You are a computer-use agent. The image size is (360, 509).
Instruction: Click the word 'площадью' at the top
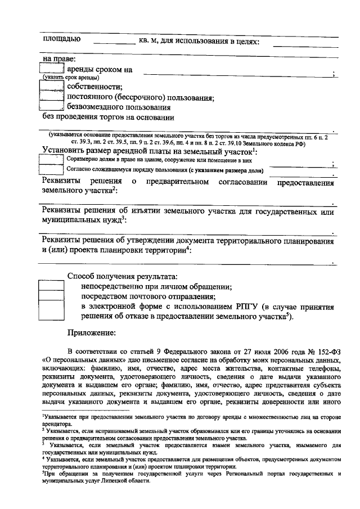62,39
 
